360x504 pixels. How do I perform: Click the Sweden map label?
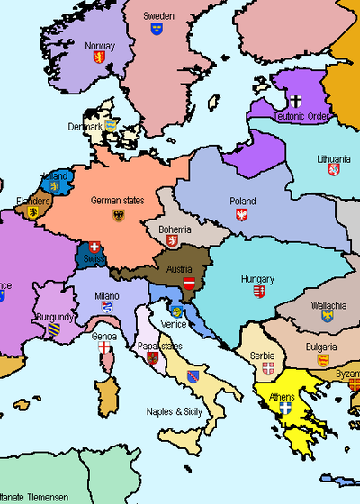coord(158,15)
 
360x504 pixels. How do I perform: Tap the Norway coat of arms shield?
coord(100,57)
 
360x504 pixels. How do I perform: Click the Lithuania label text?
coord(334,158)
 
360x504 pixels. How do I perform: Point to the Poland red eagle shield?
coord(241,214)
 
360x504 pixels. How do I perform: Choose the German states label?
coord(118,201)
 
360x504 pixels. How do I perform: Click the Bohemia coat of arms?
coord(174,241)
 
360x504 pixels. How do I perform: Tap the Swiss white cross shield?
coord(94,246)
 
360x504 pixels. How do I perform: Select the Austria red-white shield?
coord(188,283)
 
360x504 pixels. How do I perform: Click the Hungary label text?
coord(257,279)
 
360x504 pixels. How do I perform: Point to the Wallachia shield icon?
coord(328,316)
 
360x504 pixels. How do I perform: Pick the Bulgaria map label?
coord(321,346)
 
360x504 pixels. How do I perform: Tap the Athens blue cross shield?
coord(285,408)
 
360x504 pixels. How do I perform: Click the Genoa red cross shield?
coord(105,347)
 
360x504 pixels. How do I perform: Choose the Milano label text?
coord(106,295)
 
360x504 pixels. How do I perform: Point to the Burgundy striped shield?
coord(54,329)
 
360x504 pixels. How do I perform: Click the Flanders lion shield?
coord(33,213)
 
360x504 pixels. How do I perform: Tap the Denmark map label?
coord(85,127)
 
